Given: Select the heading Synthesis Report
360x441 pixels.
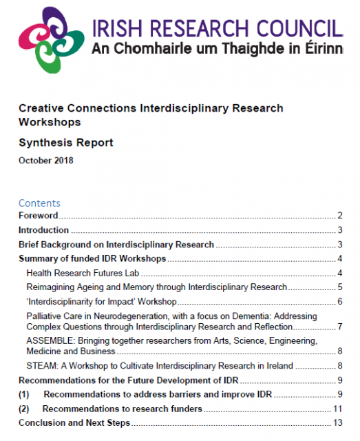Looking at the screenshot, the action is pos(65,143).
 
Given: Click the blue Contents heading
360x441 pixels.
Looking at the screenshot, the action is pos(39,203).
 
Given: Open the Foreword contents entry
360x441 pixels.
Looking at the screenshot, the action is pos(39,216).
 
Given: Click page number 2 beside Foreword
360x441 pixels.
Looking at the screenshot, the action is pos(340,216).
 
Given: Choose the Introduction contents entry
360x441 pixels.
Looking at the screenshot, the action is pos(43,230).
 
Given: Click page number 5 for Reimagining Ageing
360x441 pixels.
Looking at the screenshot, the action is pos(340,287).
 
